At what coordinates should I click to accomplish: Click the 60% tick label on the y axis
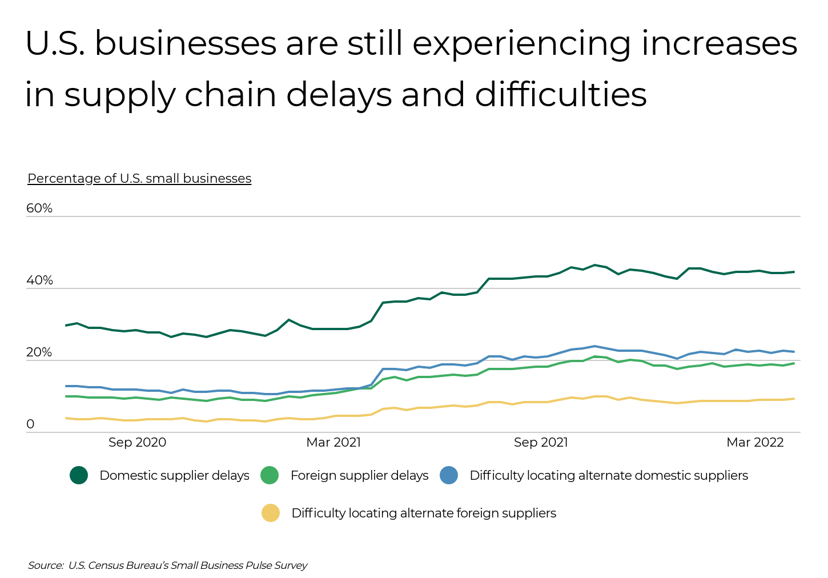[x=39, y=208]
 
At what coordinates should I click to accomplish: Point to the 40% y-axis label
[x=39, y=280]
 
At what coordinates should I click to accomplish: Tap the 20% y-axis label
[x=39, y=352]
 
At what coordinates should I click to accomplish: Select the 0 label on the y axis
[x=30, y=424]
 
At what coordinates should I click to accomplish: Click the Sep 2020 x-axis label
[x=137, y=442]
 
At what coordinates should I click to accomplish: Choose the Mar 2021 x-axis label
[x=333, y=442]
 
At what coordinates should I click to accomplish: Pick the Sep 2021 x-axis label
[x=541, y=442]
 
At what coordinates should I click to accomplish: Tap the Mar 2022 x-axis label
[x=755, y=442]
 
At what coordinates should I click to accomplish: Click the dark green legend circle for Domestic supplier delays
[x=79, y=475]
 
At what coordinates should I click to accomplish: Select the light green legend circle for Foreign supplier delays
[x=270, y=475]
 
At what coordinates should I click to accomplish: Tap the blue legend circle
[x=449, y=475]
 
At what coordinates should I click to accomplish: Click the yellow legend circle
[x=271, y=513]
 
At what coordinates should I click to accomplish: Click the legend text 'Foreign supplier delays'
[x=359, y=475]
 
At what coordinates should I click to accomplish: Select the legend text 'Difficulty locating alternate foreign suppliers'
[x=424, y=513]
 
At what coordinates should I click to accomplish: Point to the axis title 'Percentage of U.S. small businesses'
[x=139, y=178]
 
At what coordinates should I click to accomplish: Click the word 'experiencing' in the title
[x=522, y=43]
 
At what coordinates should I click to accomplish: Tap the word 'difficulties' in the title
[x=561, y=95]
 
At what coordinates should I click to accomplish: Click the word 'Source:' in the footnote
[x=46, y=565]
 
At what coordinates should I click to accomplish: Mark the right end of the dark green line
[x=794, y=272]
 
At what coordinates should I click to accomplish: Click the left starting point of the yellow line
[x=66, y=418]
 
